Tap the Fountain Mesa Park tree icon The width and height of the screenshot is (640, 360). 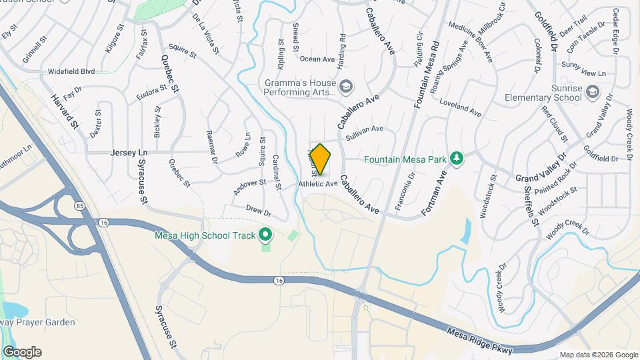tap(457, 159)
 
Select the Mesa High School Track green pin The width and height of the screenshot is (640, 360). tap(265, 235)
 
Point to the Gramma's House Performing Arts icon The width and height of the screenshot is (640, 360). tap(345, 86)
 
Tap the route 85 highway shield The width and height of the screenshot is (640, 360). tap(79, 205)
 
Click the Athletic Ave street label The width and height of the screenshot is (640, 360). tap(318, 183)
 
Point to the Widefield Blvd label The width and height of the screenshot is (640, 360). tap(71, 71)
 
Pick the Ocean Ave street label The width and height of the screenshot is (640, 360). tap(317, 59)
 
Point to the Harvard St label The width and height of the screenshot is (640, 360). tap(65, 111)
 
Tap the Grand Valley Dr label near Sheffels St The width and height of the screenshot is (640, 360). tap(540, 169)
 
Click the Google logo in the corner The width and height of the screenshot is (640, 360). tap(22, 352)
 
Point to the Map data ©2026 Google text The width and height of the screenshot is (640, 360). tap(599, 355)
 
